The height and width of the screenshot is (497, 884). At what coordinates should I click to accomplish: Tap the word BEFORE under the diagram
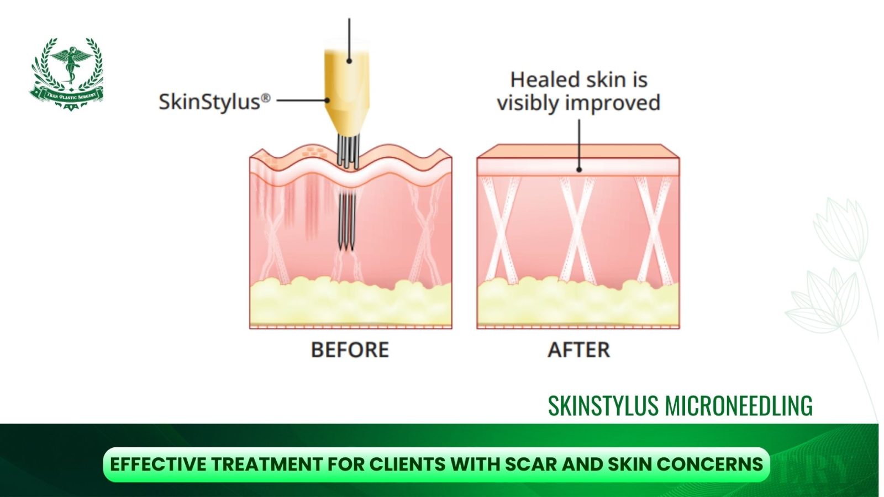tap(350, 350)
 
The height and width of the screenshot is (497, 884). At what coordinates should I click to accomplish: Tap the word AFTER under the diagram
tap(578, 350)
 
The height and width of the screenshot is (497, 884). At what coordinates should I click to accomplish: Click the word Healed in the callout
tap(544, 80)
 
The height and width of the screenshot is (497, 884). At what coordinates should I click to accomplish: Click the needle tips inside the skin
tap(346, 243)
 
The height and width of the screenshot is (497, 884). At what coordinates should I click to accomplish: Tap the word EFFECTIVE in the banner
tap(157, 464)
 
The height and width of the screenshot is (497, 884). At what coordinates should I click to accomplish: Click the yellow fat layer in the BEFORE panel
tap(350, 304)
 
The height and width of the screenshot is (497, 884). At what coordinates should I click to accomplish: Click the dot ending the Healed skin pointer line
tap(579, 170)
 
